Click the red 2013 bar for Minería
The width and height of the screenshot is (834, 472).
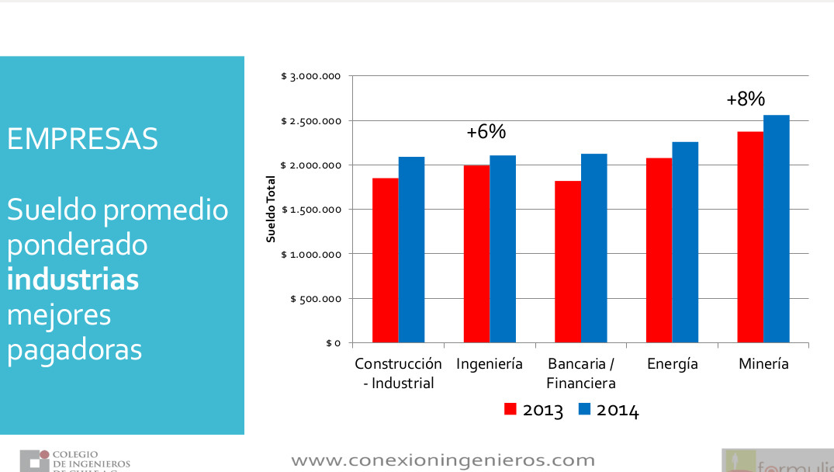pos(750,237)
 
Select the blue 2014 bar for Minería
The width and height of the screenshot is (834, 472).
pos(777,229)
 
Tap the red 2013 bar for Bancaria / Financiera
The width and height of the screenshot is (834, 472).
pos(568,262)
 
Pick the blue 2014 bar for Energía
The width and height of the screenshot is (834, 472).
pos(685,242)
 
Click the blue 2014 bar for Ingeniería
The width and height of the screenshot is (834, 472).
pos(503,248)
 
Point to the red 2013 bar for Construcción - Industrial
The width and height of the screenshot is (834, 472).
pos(386,260)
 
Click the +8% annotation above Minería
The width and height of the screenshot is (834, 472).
pos(746,99)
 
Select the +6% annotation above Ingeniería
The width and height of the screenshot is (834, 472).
pos(486,132)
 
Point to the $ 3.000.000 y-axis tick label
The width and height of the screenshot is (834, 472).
pos(311,76)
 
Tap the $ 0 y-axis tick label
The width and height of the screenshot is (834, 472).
pos(333,342)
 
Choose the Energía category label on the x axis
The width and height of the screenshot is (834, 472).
pos(672,363)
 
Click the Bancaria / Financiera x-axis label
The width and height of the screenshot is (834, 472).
pos(581,373)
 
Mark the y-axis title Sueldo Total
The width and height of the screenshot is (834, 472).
pos(272,210)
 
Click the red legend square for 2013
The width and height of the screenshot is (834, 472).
pos(510,409)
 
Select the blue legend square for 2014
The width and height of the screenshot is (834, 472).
pos(585,409)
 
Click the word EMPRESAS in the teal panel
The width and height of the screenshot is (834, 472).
pos(82,139)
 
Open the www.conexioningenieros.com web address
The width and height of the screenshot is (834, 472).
pos(442,460)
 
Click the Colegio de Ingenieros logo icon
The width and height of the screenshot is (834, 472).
pos(33,460)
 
